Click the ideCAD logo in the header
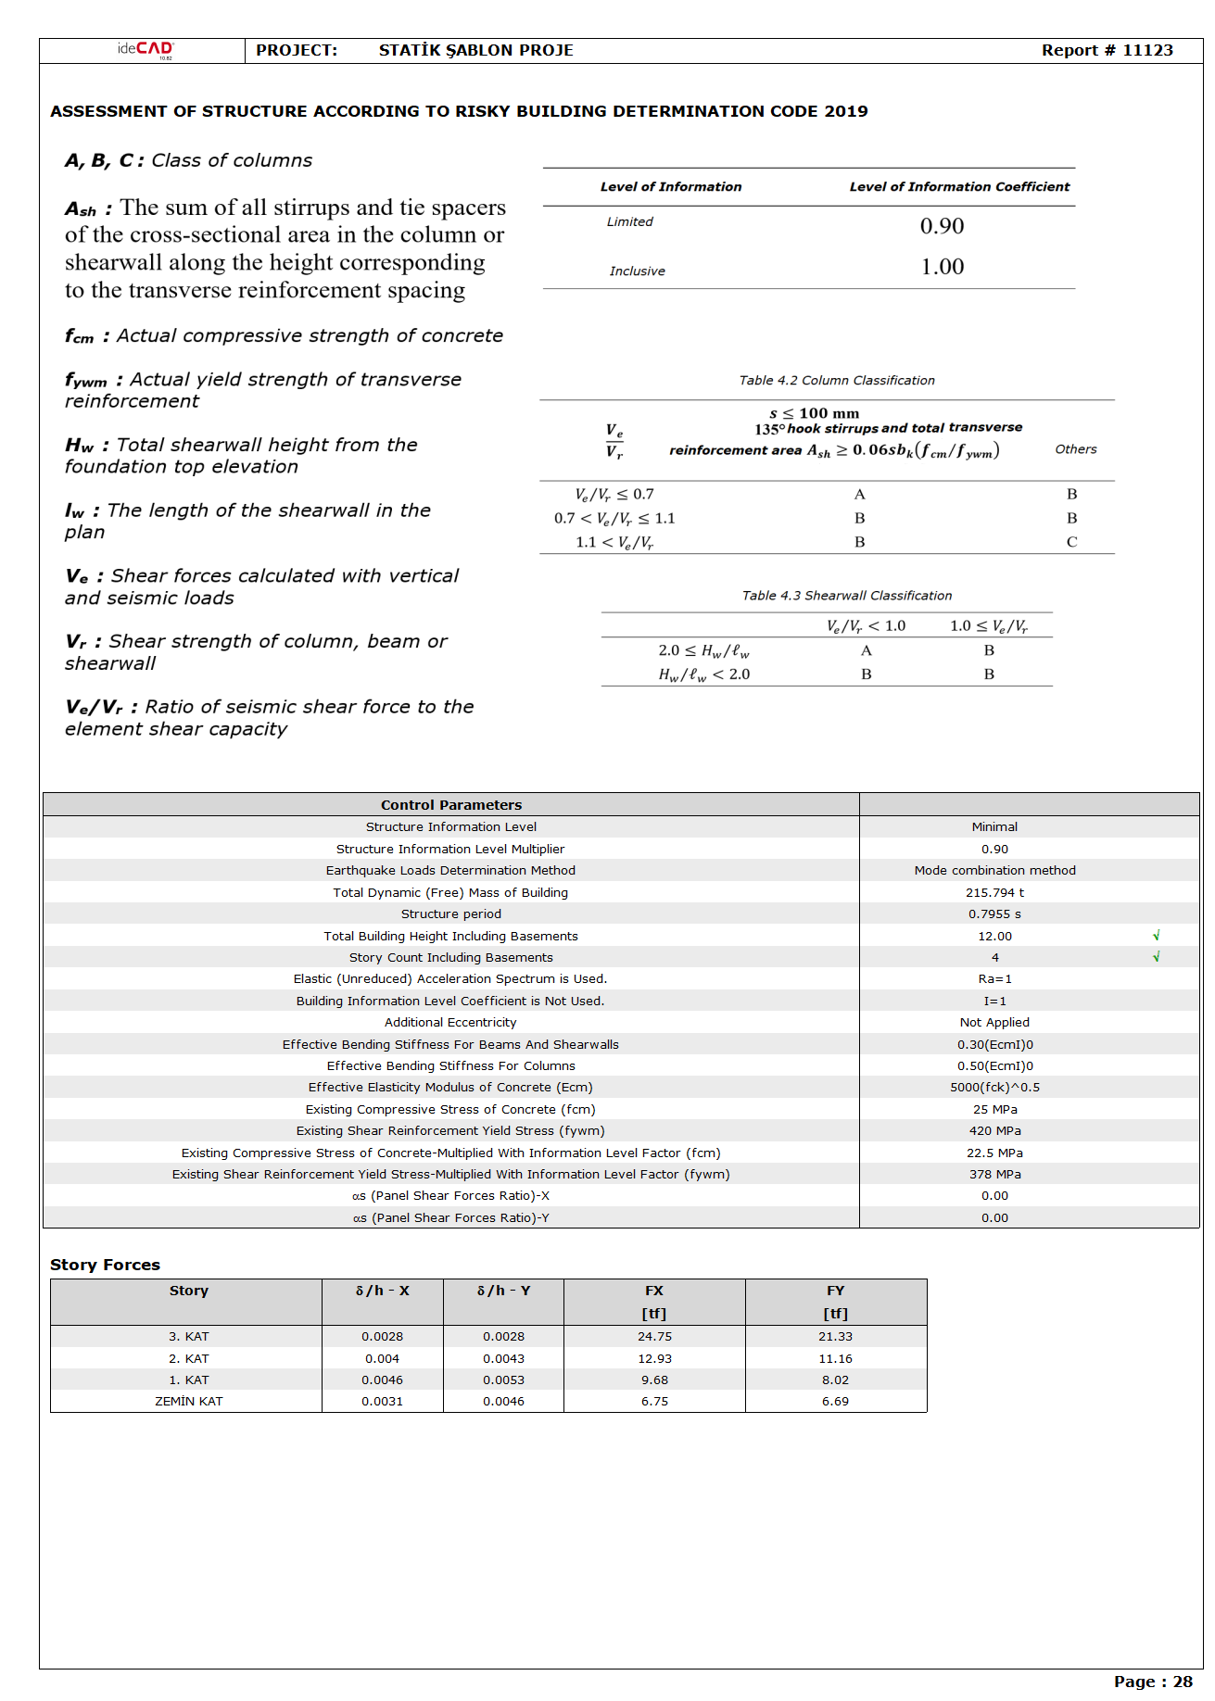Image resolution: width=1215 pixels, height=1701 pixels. point(146,50)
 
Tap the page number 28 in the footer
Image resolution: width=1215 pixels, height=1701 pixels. point(1183,1682)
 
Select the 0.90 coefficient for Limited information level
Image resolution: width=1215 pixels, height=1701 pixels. point(942,226)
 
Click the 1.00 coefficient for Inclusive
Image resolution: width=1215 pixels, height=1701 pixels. point(942,267)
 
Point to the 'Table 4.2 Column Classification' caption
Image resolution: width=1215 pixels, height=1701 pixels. point(836,381)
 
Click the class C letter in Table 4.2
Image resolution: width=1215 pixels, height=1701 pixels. point(1071,542)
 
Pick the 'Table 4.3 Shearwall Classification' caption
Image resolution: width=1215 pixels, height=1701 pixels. point(846,596)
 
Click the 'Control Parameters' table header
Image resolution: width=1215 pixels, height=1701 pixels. point(451,805)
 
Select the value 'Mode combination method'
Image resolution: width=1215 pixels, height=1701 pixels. point(994,871)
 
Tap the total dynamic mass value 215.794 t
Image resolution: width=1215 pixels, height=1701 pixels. point(994,893)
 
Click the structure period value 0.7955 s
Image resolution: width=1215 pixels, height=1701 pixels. point(994,914)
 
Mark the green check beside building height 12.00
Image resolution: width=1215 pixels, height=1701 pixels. point(1156,936)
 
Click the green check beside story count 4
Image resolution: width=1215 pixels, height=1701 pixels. point(1156,957)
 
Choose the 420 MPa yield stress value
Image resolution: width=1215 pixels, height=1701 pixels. point(994,1131)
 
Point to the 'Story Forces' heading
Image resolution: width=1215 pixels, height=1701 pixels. point(105,1266)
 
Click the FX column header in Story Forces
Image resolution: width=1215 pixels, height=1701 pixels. point(654,1291)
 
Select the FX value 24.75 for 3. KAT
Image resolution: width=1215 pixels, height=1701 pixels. point(654,1337)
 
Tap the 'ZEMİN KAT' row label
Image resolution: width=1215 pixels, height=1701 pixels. point(188,1402)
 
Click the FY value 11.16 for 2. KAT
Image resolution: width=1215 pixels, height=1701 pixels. point(835,1359)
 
